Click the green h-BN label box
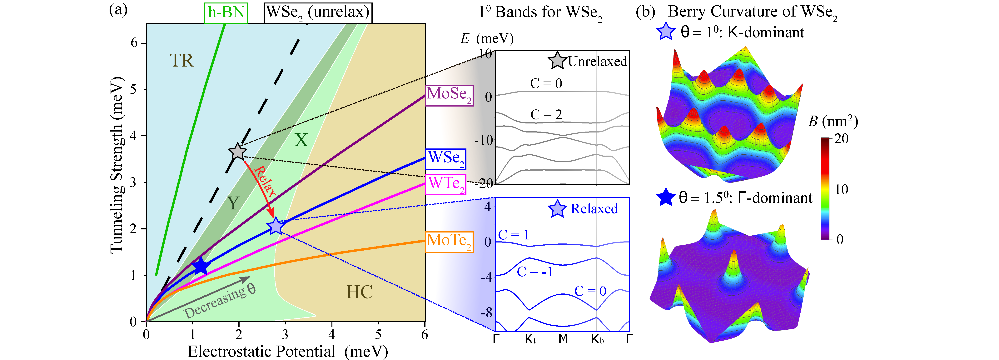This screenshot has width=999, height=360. [x=226, y=12]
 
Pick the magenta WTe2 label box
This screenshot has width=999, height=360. [x=446, y=184]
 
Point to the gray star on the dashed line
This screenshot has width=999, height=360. [x=237, y=152]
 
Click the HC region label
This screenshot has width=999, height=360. [x=359, y=292]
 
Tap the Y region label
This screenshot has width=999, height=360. [x=233, y=203]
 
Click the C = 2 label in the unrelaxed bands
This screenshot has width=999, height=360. [x=546, y=114]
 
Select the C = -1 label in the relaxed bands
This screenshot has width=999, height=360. [x=534, y=272]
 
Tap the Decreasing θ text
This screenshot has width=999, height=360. [x=220, y=301]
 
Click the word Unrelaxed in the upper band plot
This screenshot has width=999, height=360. [x=597, y=61]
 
